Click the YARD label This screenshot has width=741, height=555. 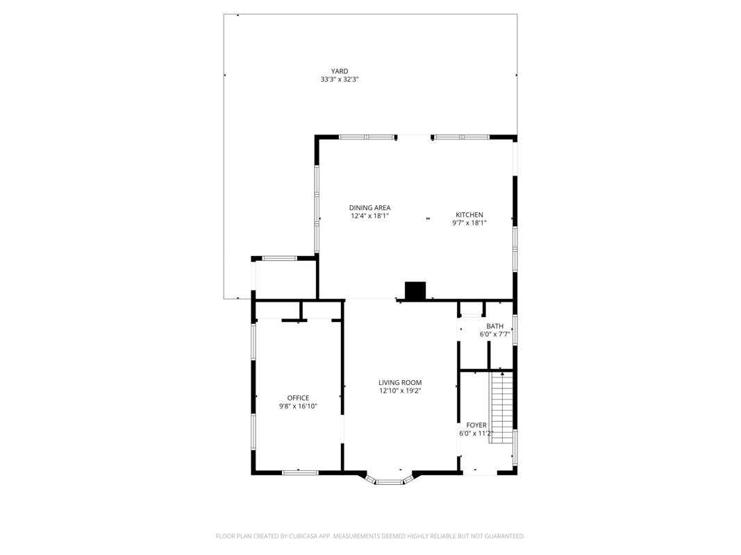coord(340,71)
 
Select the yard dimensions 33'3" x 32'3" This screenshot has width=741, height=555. coord(340,80)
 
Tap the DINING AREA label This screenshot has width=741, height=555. coord(369,207)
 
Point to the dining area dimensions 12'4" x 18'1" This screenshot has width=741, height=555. coord(369,216)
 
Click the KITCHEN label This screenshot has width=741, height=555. coord(469,215)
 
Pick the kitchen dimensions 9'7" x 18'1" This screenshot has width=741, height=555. coord(469,223)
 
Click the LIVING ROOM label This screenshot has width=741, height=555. coord(400,383)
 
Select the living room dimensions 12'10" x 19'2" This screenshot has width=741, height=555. coord(400,391)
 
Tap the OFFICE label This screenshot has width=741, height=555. coord(298,398)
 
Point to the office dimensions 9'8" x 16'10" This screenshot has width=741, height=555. coord(298,407)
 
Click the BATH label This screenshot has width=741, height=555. coord(494,326)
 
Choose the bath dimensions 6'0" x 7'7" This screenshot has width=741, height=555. coord(494,334)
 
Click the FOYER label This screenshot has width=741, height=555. coord(476,425)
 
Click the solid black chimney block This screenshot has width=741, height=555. coord(415,291)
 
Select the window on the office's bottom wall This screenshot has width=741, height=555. coord(300,472)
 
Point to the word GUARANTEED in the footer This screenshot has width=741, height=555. coord(506,536)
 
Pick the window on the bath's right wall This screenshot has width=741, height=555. coord(515,330)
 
